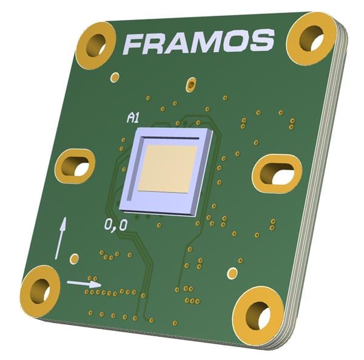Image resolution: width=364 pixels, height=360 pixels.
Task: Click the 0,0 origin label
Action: (x=116, y=226)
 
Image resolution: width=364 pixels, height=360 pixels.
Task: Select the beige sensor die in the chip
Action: (x=168, y=168)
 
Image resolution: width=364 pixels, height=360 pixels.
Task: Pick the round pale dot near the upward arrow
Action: (x=75, y=259)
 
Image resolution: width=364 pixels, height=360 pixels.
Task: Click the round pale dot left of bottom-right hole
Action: (x=232, y=273)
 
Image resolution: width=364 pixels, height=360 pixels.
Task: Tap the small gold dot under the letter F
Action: (x=115, y=77)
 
